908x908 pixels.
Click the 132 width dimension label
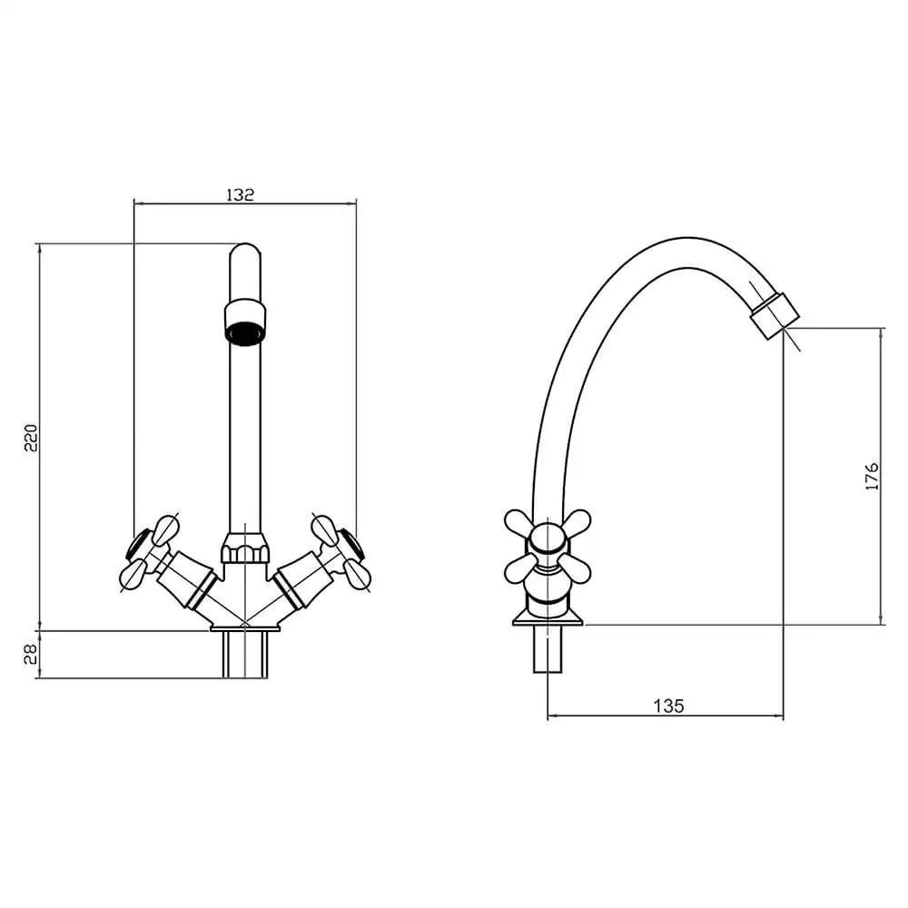tap(240, 194)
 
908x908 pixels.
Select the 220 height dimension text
tap(30, 438)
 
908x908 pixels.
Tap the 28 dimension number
tap(30, 655)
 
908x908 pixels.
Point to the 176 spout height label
tap(872, 477)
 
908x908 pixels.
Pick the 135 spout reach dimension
tap(669, 706)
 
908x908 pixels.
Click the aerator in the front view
tap(245, 322)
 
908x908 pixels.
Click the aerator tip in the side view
tap(775, 316)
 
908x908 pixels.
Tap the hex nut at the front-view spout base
tap(245, 548)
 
